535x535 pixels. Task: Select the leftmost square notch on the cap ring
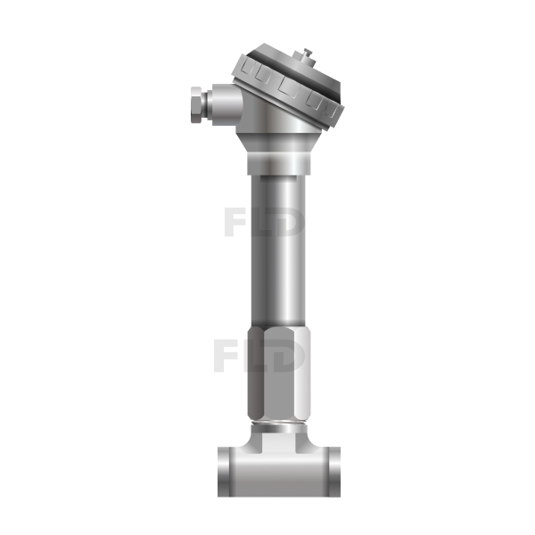pyautogui.click(x=246, y=69)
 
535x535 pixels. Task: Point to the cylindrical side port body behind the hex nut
pyautogui.click(x=226, y=104)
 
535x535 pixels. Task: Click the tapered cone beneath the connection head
pyautogui.click(x=279, y=143)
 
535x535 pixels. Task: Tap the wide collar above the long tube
pyautogui.click(x=279, y=164)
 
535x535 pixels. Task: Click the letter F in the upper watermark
pyautogui.click(x=235, y=222)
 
